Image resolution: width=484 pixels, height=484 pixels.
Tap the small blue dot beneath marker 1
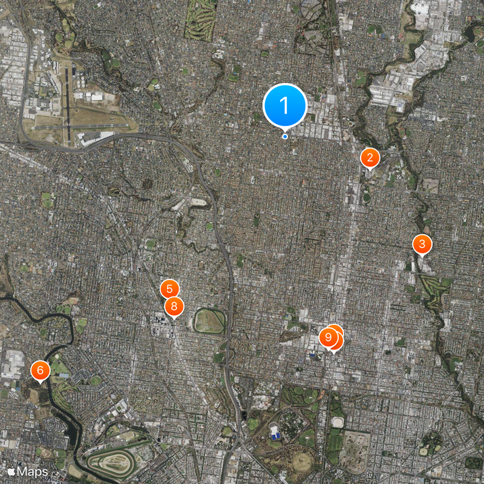click(285, 136)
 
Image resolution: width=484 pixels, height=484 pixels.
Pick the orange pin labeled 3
click(422, 245)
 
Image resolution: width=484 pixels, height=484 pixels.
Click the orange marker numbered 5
click(170, 289)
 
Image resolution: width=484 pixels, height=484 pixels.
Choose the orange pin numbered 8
click(174, 306)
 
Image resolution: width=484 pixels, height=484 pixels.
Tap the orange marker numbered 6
click(40, 370)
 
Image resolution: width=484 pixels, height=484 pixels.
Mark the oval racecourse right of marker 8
click(209, 320)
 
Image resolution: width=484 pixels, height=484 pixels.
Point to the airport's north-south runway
click(67, 103)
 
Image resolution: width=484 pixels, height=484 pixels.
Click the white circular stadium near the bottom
click(337, 422)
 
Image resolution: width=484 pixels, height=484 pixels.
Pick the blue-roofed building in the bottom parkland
click(275, 432)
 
